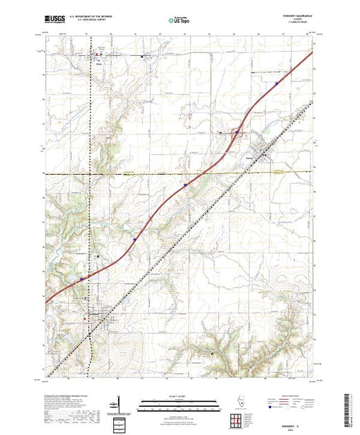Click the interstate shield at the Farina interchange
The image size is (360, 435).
click(236, 133)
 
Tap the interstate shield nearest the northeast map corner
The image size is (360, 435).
click(277, 85)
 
